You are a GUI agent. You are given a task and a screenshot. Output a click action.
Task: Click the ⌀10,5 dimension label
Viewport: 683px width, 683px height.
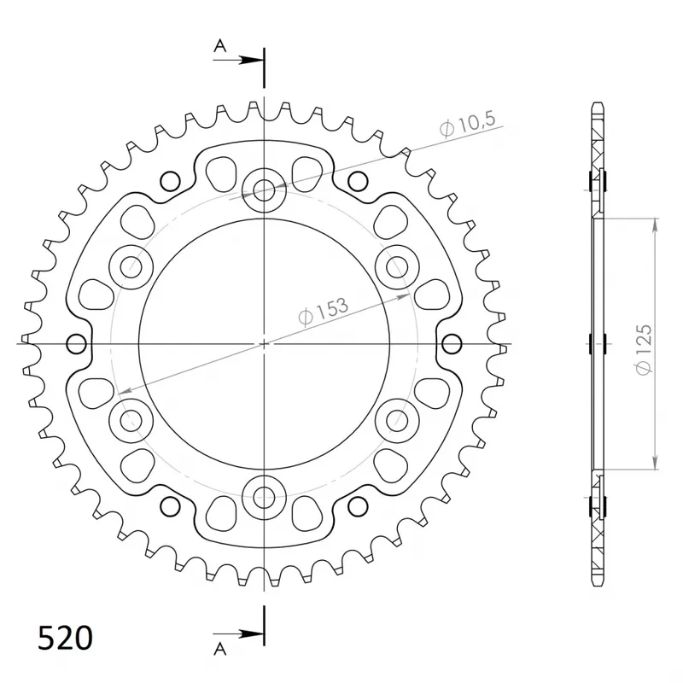[x=467, y=124]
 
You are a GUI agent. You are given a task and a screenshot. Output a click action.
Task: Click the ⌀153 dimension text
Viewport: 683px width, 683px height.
[x=324, y=312]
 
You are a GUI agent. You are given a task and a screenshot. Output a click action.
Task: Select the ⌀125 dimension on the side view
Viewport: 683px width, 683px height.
[x=644, y=349]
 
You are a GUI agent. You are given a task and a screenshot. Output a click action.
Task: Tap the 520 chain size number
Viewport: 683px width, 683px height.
[x=66, y=639]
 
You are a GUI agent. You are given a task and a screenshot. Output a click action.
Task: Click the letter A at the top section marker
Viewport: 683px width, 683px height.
[x=220, y=45]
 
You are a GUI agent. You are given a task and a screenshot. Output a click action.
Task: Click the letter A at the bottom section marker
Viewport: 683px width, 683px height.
[x=220, y=649]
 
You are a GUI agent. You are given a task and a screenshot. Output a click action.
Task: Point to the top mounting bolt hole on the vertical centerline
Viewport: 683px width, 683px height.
[x=264, y=190]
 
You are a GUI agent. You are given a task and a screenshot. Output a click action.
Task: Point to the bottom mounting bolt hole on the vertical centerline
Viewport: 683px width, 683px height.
[x=264, y=498]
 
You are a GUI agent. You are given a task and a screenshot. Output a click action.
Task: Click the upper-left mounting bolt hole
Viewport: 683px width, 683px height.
[x=131, y=267]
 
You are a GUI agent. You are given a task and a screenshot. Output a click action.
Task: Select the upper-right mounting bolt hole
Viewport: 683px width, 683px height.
[x=397, y=267]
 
